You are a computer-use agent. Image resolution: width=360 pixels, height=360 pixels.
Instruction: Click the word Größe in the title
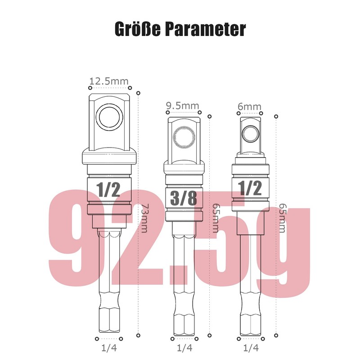tap(138, 29)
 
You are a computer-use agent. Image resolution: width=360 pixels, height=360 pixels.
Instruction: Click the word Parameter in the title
tap(206, 29)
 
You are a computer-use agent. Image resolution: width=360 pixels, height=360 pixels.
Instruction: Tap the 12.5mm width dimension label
tap(108, 81)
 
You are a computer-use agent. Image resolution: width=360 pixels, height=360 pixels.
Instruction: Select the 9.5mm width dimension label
tap(183, 106)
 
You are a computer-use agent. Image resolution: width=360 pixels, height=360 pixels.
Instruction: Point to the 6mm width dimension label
tap(249, 107)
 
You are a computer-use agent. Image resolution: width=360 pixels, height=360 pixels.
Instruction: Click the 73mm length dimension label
tap(144, 218)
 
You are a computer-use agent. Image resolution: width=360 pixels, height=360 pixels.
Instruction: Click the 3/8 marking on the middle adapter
tap(184, 198)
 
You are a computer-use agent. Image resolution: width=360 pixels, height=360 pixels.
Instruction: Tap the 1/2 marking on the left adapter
tap(108, 189)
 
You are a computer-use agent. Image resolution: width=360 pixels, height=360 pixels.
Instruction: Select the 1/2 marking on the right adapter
tap(250, 188)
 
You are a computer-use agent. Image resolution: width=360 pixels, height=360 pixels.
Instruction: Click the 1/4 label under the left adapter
tap(109, 348)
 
